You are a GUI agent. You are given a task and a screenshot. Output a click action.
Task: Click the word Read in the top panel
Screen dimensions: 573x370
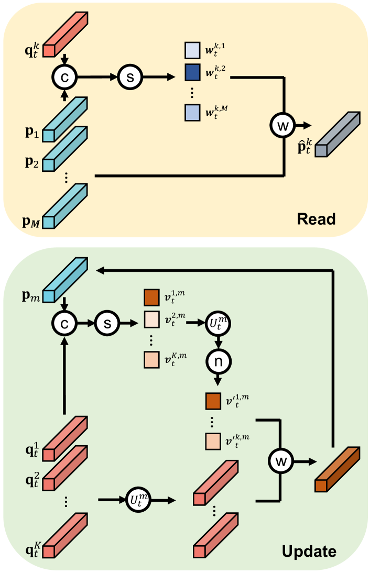[315, 218]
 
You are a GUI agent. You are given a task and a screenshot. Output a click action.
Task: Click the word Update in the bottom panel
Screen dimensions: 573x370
[309, 551]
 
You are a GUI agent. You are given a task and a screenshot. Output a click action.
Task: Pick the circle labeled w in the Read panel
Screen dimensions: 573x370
[282, 126]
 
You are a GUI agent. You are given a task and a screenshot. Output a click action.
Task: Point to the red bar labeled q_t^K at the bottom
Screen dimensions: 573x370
[65, 535]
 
